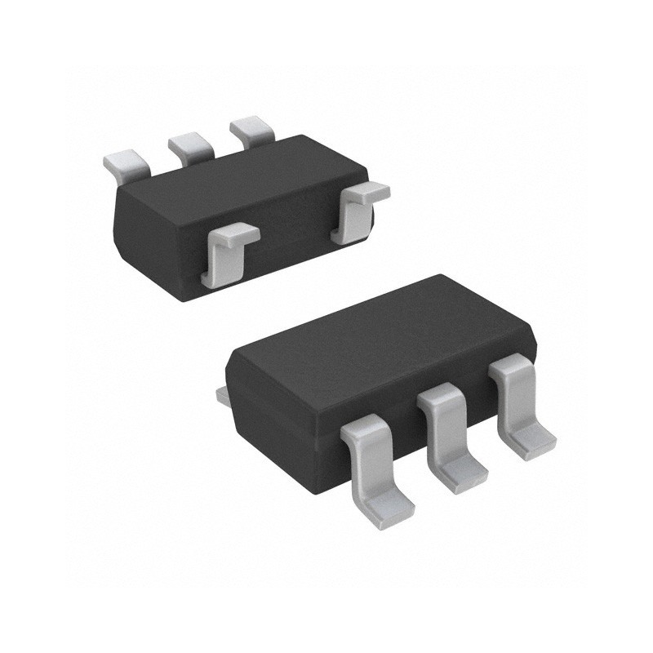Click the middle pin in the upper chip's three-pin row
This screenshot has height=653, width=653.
point(191,144)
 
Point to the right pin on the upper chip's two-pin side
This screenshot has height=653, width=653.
point(357,211)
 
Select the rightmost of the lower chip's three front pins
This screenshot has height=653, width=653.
point(518,408)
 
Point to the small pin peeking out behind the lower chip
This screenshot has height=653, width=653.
point(221,395)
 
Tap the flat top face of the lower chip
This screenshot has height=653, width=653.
point(375,335)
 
